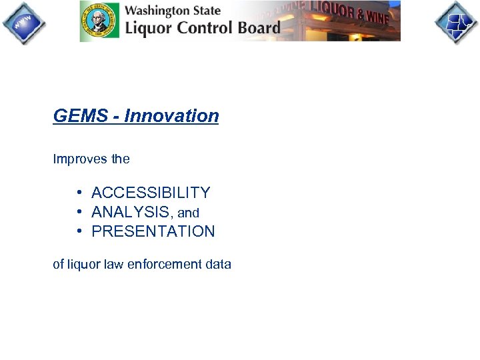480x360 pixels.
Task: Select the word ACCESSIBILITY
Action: pyautogui.click(x=151, y=193)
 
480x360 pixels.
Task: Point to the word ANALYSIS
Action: pyautogui.click(x=131, y=213)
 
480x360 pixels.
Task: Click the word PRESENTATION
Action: pyautogui.click(x=153, y=232)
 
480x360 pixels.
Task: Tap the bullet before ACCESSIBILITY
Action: pyautogui.click(x=79, y=193)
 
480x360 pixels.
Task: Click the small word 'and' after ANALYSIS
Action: pyautogui.click(x=189, y=213)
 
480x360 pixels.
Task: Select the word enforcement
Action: pyautogui.click(x=164, y=265)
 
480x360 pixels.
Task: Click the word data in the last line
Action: pyautogui.click(x=219, y=265)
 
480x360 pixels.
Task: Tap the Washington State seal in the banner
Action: pyautogui.click(x=100, y=21)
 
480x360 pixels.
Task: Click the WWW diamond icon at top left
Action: pyautogui.click(x=24, y=23)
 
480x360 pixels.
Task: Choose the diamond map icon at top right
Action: pyautogui.click(x=456, y=23)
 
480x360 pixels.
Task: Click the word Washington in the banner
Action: pyautogui.click(x=157, y=11)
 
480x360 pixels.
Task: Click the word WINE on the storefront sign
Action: pyautogui.click(x=375, y=17)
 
